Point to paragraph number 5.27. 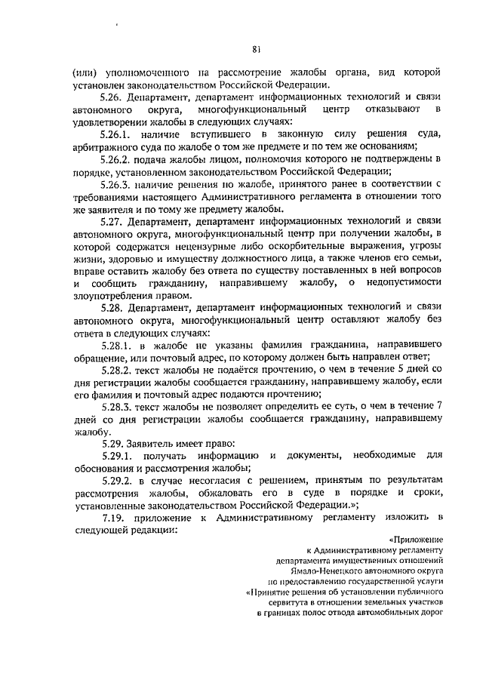[x=112, y=221]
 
